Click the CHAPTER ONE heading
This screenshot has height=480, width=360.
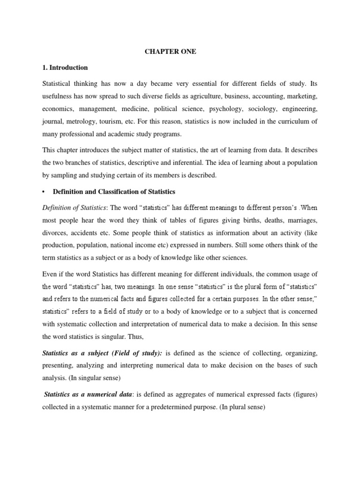click(x=170, y=52)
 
